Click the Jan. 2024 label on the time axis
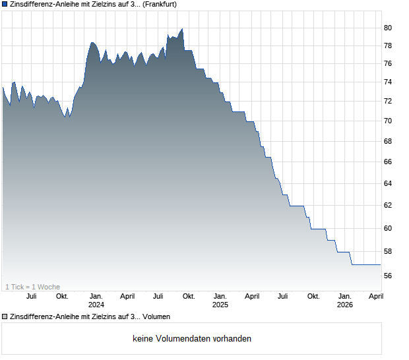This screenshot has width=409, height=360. click(96, 300)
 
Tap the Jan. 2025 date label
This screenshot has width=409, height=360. click(220, 300)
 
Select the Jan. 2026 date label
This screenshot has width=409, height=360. click(344, 300)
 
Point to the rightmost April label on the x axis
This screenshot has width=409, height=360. click(375, 296)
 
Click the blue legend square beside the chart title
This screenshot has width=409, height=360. click(5, 4)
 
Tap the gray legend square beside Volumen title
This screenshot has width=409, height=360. click(5, 317)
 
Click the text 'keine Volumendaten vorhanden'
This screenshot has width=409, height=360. click(192, 339)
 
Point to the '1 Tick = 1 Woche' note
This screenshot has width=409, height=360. click(32, 287)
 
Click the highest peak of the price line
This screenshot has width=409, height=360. click(181, 29)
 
